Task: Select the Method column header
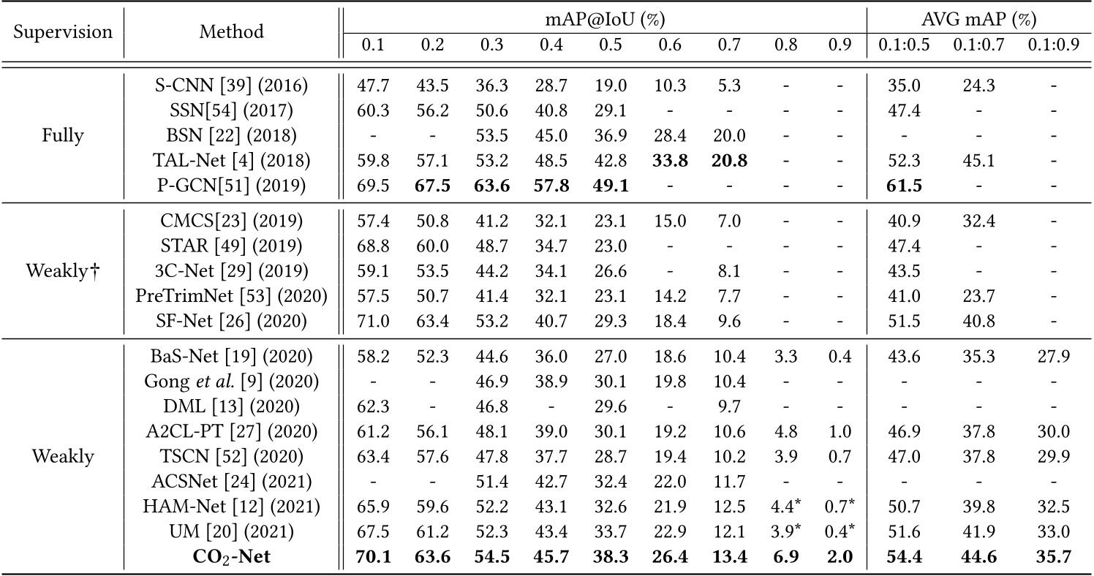232,32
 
